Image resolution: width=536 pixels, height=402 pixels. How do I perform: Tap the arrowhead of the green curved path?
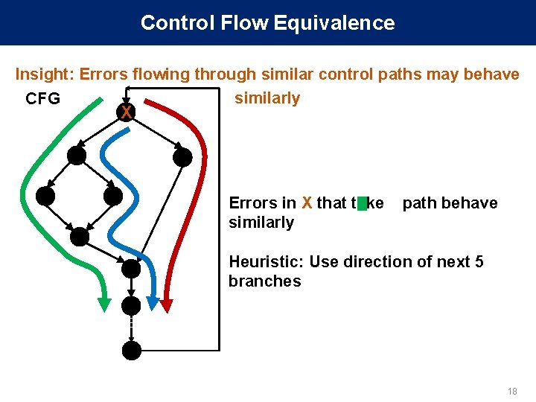(x=105, y=302)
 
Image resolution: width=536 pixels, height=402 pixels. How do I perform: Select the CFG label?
(x=42, y=99)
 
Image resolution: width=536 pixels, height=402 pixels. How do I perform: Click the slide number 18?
(x=511, y=392)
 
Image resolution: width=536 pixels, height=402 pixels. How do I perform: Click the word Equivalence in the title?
(x=334, y=23)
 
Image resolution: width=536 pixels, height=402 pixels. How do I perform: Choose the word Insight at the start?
(x=44, y=74)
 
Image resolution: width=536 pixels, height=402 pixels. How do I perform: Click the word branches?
(x=264, y=281)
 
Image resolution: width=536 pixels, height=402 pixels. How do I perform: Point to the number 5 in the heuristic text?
(x=479, y=262)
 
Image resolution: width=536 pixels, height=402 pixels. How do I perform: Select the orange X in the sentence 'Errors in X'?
(x=306, y=203)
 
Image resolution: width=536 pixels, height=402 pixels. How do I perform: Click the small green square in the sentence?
(x=363, y=203)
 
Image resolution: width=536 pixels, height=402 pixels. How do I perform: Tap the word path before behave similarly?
(x=418, y=203)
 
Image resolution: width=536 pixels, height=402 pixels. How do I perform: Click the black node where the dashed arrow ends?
(x=132, y=351)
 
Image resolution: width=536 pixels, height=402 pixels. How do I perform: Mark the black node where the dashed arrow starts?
(x=132, y=304)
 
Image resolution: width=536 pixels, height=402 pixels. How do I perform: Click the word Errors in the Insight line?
(x=103, y=74)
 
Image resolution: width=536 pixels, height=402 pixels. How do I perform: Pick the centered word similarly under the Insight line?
(x=267, y=98)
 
